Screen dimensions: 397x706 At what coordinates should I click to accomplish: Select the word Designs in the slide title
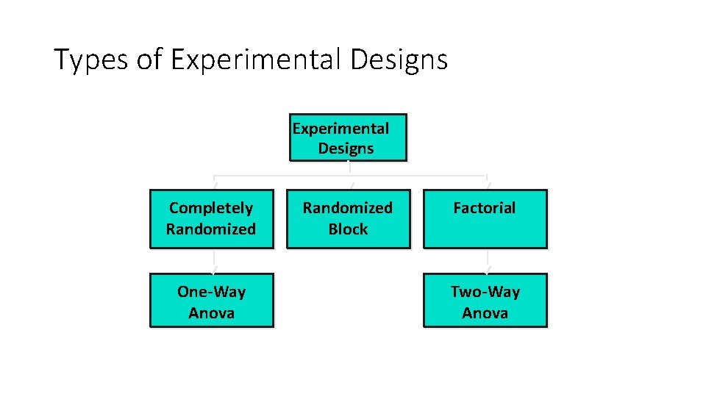click(399, 60)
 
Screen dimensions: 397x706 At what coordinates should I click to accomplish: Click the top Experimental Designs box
click(349, 137)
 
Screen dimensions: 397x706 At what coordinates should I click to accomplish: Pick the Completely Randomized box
click(211, 218)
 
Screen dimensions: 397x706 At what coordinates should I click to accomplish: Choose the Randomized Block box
click(348, 218)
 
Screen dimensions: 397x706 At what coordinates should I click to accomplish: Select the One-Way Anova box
click(211, 301)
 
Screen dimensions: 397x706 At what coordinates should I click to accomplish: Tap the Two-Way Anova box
click(485, 301)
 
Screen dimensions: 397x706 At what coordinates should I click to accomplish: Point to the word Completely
click(211, 208)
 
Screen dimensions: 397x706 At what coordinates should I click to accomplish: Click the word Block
click(348, 229)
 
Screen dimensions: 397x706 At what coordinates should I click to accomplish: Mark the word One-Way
click(211, 292)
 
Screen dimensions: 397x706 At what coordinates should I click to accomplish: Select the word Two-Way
click(485, 292)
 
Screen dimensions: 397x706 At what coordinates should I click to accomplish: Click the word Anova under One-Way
click(211, 313)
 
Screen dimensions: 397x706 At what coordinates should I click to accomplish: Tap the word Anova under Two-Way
click(485, 313)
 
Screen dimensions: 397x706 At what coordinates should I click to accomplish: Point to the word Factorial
click(485, 208)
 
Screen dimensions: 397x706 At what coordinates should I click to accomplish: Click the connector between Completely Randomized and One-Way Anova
click(214, 260)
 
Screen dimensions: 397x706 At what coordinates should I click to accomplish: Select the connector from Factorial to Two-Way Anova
click(487, 260)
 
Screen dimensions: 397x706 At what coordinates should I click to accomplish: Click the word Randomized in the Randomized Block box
click(348, 208)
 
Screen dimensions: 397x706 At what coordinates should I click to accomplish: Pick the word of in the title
click(149, 60)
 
